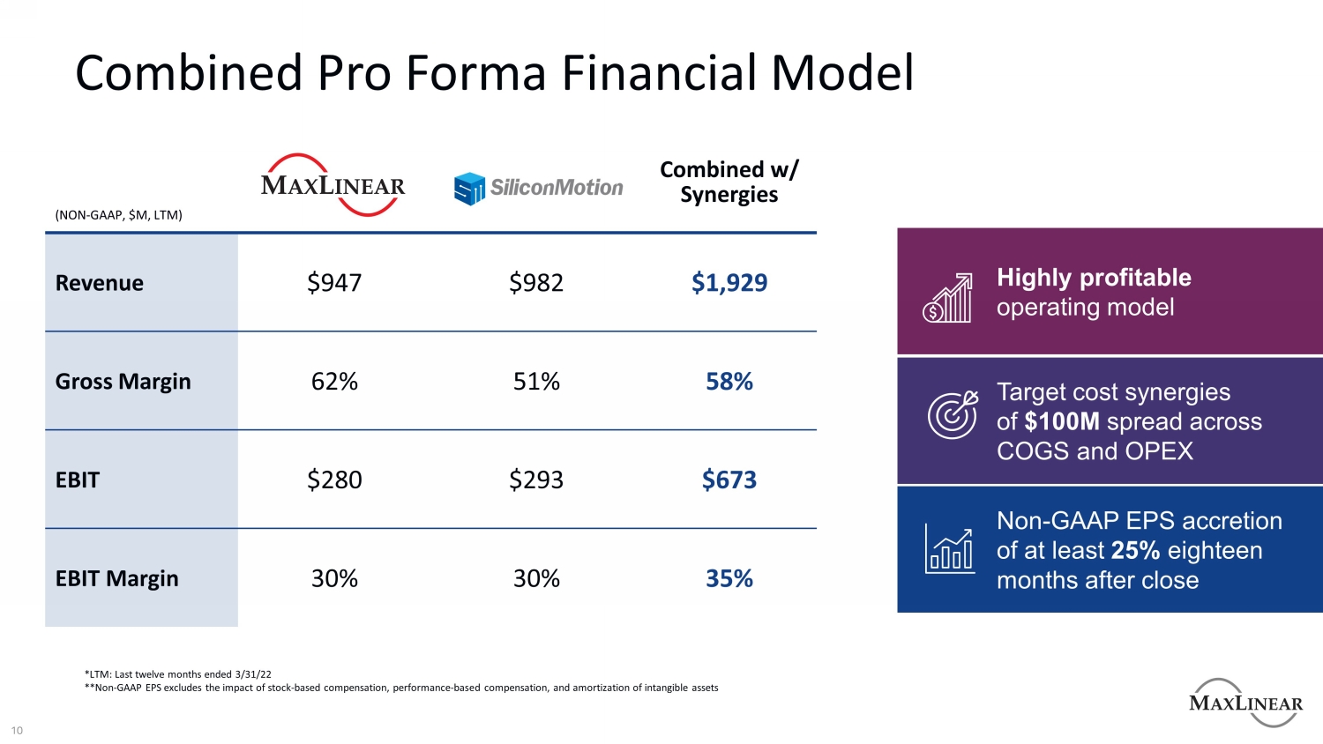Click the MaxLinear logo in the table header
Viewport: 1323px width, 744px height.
(333, 185)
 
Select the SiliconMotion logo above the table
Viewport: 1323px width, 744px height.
(538, 188)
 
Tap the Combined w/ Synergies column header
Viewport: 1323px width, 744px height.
(729, 182)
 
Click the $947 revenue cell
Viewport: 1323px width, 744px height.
(334, 283)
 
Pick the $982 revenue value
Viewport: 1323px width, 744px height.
(536, 283)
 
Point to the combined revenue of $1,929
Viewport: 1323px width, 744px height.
(729, 283)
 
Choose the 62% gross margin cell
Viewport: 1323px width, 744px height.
(334, 382)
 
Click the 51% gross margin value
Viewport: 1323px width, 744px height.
(536, 382)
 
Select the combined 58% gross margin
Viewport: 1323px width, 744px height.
(729, 382)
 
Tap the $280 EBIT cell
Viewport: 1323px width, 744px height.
(334, 480)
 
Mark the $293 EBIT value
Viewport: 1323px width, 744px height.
(536, 480)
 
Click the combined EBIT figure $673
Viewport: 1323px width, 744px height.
(729, 480)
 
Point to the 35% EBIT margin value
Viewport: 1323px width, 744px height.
(729, 579)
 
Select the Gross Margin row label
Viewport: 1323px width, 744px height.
(123, 382)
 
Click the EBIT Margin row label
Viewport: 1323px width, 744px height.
(116, 579)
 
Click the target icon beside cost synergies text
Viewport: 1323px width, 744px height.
(952, 414)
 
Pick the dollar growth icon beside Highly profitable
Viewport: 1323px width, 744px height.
(947, 298)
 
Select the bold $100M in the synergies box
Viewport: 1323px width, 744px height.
(1062, 421)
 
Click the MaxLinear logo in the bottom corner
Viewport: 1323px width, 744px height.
(1245, 703)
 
